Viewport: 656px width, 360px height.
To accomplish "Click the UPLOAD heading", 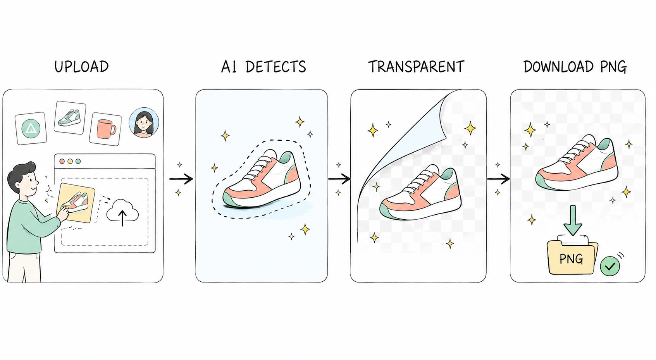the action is pos(81,67).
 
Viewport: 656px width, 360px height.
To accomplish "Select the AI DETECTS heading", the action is pos(263,67).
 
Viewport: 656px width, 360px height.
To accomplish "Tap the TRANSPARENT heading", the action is pos(416,67).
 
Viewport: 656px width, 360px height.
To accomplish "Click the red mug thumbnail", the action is pos(105,129).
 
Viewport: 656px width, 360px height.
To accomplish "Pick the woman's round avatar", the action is pos(144,122).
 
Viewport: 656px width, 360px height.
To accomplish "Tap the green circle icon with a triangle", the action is pos(31,129).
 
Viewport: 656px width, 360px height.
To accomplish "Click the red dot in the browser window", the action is pos(62,162).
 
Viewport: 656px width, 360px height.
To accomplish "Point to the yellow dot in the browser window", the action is pos(70,162).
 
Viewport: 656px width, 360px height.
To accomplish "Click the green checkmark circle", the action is pos(610,266).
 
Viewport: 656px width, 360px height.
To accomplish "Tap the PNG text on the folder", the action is pos(571,259).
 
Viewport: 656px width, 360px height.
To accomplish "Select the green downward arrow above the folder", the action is pos(573,220).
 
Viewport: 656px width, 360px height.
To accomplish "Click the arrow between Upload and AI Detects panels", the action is pos(181,179).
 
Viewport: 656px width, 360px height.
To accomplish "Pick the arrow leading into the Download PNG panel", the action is pos(498,179).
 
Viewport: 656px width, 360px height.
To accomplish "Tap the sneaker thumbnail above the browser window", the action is pos(70,117).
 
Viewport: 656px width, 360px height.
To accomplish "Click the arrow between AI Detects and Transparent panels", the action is pos(339,179).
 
